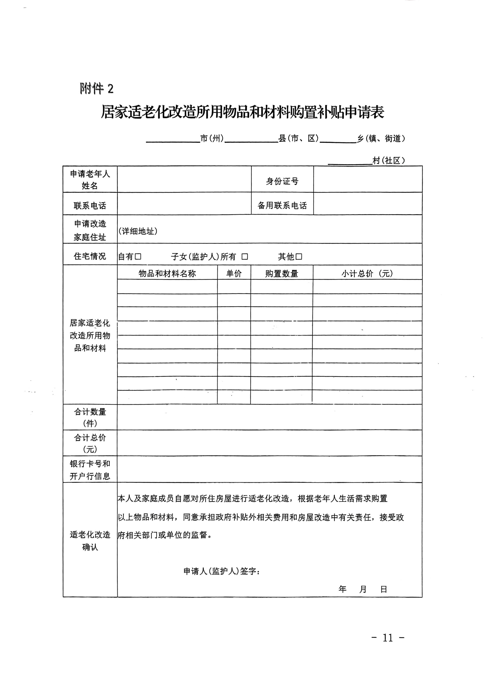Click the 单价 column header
coord(234,273)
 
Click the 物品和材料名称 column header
coord(167,273)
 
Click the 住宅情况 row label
coord(90,256)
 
